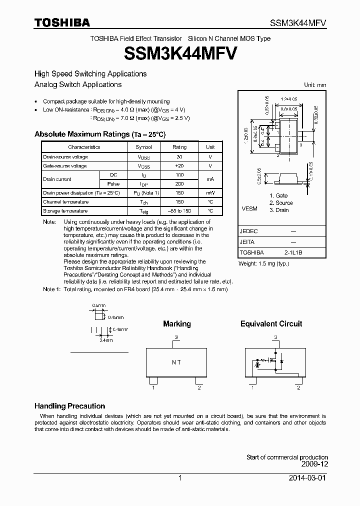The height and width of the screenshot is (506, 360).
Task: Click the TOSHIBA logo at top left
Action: (62, 22)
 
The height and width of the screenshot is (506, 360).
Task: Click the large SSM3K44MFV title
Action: (180, 52)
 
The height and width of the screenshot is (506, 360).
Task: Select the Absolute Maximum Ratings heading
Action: (99, 134)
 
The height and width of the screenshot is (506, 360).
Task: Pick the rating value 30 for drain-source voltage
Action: (179, 157)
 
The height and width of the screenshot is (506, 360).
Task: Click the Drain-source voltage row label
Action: (65, 157)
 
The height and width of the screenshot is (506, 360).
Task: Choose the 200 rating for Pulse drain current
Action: (179, 183)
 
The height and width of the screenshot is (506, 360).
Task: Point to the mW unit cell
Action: (210, 192)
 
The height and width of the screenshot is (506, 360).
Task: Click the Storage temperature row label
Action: (66, 211)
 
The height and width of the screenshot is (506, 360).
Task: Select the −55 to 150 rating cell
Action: (179, 211)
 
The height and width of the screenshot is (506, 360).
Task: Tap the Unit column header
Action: (210, 147)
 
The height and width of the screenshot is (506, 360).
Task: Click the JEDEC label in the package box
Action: (248, 231)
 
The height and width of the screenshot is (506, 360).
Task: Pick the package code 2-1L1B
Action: (293, 253)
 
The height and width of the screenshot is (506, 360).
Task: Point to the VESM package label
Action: (249, 208)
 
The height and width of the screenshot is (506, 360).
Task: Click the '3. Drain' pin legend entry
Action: (279, 210)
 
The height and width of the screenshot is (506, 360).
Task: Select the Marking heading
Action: (177, 324)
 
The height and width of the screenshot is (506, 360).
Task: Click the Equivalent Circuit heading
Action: (271, 324)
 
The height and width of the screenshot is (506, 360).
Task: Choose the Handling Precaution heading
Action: (69, 406)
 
